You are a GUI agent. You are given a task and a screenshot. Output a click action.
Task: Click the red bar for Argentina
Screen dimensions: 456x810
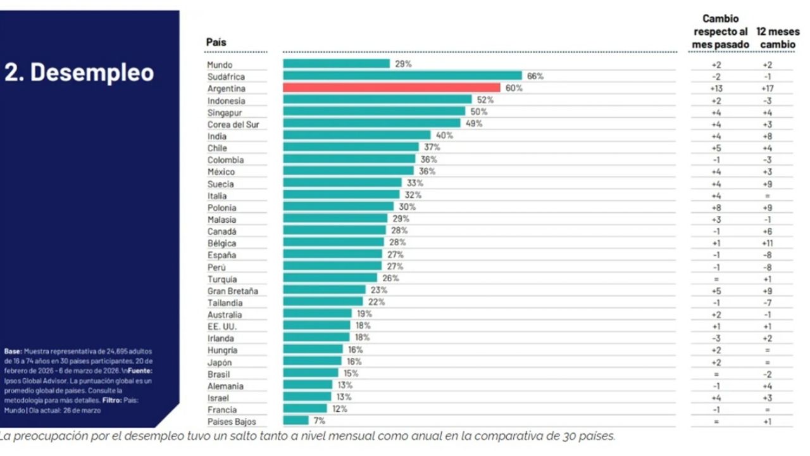coord(391,88)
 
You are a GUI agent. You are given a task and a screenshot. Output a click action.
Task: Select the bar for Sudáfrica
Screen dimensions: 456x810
coord(402,76)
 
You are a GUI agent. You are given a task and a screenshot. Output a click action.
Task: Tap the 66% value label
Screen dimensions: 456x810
coord(535,77)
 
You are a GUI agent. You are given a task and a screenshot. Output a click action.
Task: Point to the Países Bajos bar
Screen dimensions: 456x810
coord(296,421)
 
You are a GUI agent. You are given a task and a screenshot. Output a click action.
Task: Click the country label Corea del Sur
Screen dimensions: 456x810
coord(234,125)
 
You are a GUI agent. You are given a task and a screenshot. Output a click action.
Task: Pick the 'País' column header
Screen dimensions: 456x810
coord(216,42)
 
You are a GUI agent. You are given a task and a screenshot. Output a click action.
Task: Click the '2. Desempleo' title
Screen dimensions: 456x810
coord(79,72)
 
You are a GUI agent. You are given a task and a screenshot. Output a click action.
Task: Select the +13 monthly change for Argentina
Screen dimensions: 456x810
coord(716,89)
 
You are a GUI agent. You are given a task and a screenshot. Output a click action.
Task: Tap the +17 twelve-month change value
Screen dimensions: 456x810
coord(767,89)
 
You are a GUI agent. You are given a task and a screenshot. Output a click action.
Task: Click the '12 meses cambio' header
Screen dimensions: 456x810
coord(778,38)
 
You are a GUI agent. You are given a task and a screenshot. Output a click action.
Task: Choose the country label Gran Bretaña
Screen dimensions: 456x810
coord(233,291)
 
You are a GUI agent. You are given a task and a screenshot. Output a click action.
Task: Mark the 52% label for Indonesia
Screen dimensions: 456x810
coord(485,100)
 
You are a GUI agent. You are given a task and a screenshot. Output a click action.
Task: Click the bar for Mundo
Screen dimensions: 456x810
coord(336,64)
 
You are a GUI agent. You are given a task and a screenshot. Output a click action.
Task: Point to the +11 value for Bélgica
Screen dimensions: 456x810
coord(767,243)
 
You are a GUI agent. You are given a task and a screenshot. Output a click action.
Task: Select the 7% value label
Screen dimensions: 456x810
coord(319,421)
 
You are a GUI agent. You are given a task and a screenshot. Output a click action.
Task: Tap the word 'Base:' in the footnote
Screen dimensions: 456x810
coord(13,351)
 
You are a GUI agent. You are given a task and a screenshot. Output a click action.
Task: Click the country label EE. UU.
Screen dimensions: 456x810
coord(221,327)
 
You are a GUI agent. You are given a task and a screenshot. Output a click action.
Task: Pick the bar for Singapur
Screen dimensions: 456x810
coord(373,112)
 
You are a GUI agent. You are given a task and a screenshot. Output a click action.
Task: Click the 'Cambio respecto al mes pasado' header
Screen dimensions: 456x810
coord(720,32)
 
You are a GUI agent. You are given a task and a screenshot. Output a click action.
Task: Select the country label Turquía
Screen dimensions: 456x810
coord(222,279)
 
